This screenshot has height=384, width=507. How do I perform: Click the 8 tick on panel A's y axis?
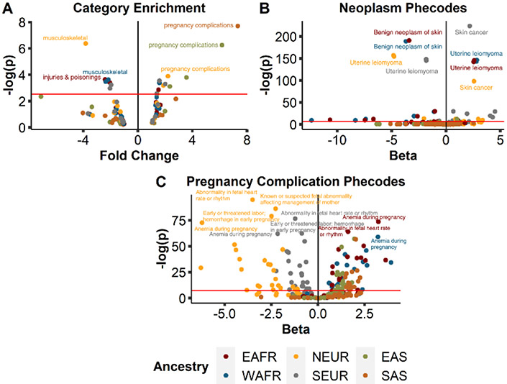point(24,22)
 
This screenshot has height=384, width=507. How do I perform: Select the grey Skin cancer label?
point(470,32)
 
